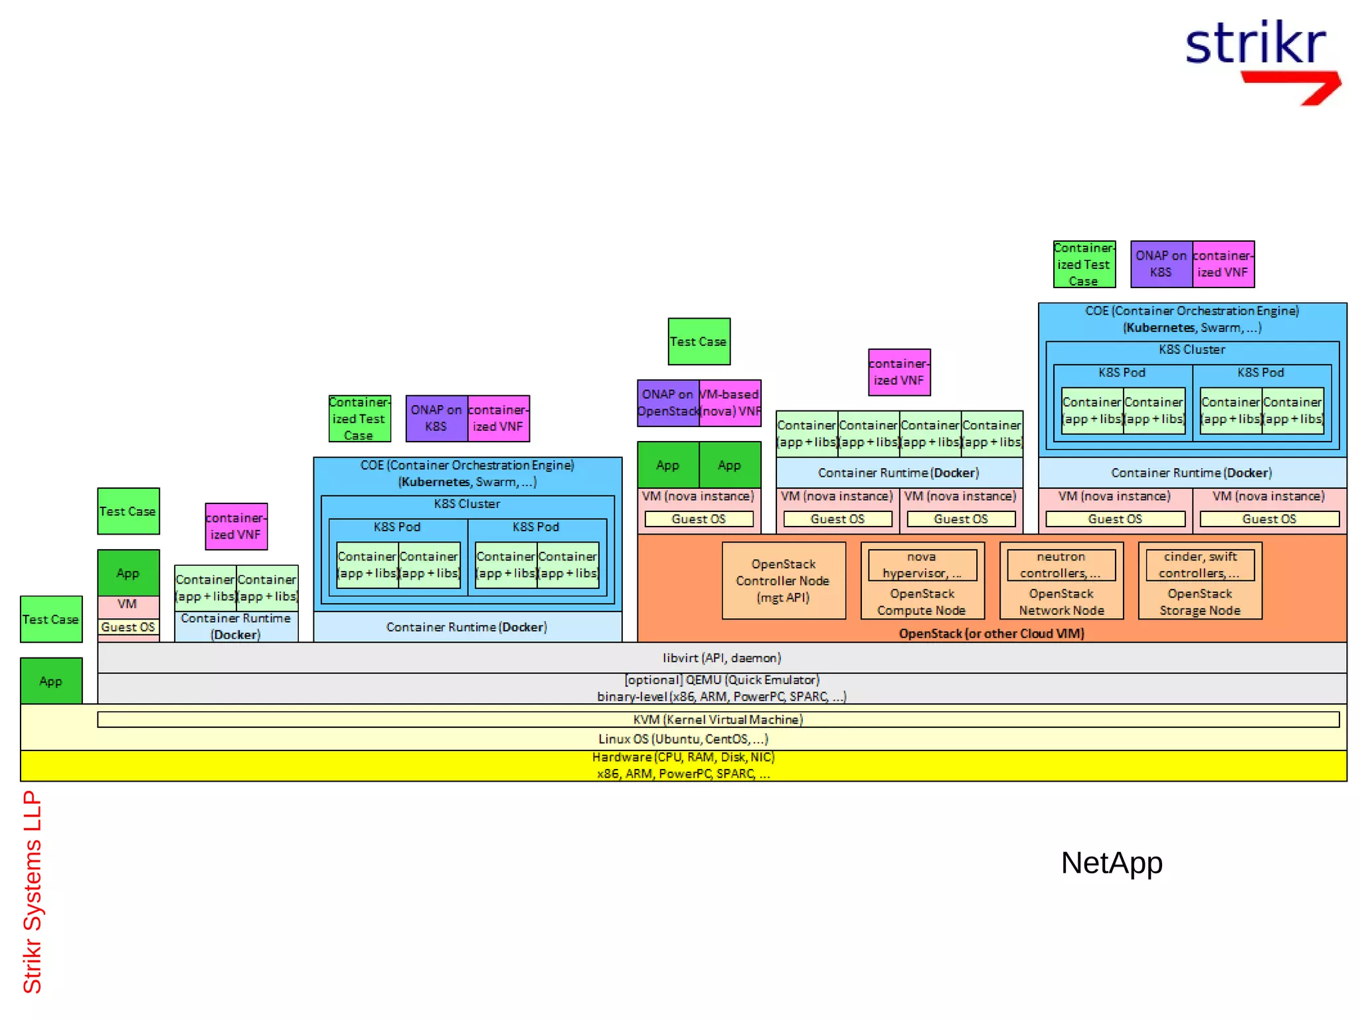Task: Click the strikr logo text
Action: coord(1255,44)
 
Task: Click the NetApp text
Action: coord(1111,863)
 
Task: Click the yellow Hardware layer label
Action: coord(683,765)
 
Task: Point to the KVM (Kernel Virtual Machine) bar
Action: coord(717,719)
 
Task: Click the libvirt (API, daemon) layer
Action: coord(721,657)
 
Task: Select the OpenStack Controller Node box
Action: coord(783,580)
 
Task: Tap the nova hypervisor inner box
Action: coord(922,564)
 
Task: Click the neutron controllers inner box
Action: coord(1061,564)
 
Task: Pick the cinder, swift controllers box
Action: coord(1199,564)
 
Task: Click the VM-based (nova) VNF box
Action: coord(730,402)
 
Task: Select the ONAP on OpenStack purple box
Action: coord(667,402)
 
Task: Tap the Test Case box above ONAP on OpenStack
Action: coord(699,341)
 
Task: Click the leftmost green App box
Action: coord(51,681)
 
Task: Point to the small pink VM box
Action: coord(127,604)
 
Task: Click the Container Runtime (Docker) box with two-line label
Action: coord(236,626)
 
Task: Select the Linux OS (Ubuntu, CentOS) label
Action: coord(683,739)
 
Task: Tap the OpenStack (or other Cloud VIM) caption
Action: coord(991,634)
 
